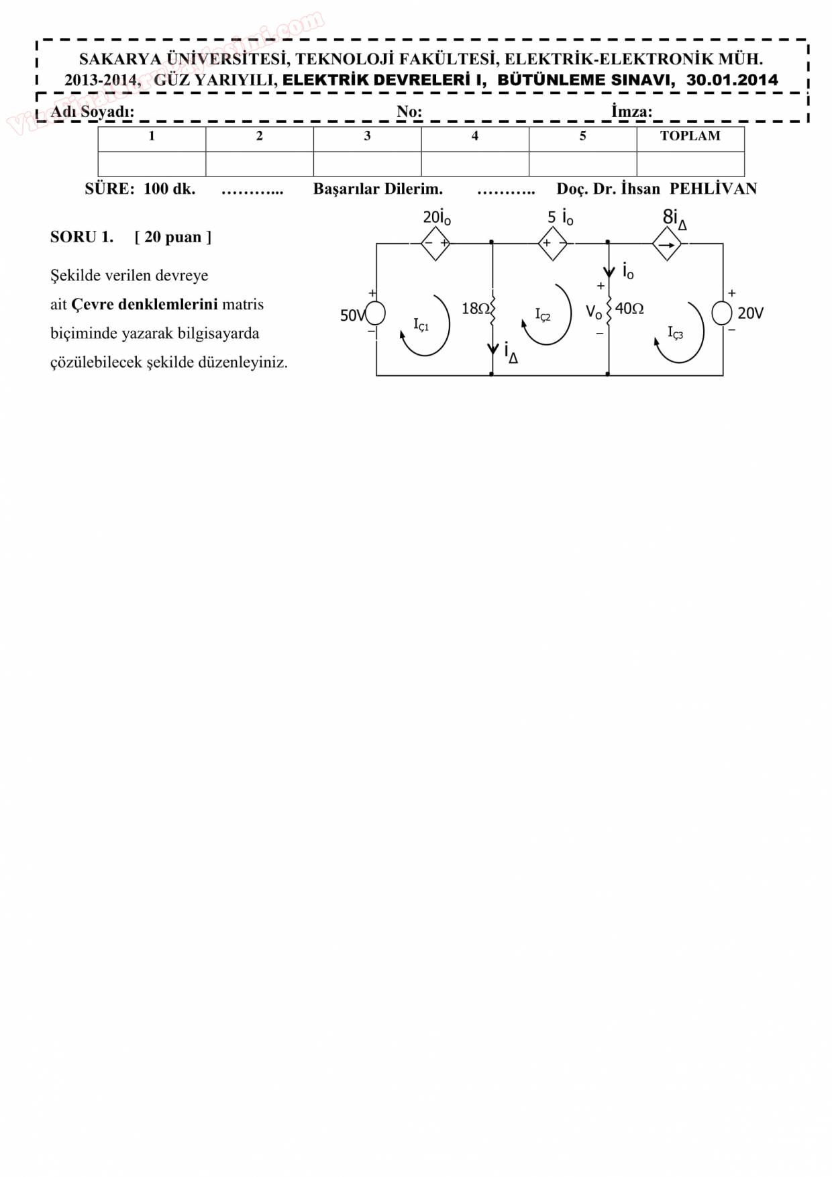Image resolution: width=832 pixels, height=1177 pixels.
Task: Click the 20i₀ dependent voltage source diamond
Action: click(435, 244)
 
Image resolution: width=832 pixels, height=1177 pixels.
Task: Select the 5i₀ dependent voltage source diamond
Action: click(553, 244)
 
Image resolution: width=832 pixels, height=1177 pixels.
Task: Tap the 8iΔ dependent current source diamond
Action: click(667, 244)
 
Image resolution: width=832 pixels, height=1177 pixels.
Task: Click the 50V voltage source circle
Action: click(375, 313)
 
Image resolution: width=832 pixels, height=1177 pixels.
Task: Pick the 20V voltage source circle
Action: click(722, 313)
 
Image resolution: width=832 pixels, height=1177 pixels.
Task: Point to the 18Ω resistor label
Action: click(476, 309)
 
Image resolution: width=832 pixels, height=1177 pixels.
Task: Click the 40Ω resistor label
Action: click(629, 309)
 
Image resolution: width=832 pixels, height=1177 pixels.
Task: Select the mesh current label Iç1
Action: click(421, 325)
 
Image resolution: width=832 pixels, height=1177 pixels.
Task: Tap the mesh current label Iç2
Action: click(542, 315)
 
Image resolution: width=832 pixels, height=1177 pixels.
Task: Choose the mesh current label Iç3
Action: click(675, 333)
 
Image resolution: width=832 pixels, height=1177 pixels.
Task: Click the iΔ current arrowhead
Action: click(493, 350)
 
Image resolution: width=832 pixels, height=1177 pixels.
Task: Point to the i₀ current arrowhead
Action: click(609, 272)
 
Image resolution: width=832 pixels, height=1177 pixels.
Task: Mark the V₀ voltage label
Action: click(594, 312)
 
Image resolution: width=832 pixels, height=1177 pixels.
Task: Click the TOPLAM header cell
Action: click(690, 136)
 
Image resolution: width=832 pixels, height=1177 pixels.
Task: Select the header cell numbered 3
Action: click(367, 136)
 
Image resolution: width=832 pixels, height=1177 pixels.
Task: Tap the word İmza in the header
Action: click(631, 111)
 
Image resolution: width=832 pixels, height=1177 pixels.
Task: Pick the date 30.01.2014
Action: click(732, 80)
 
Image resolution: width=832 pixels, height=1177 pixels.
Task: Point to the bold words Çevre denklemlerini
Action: click(144, 305)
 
